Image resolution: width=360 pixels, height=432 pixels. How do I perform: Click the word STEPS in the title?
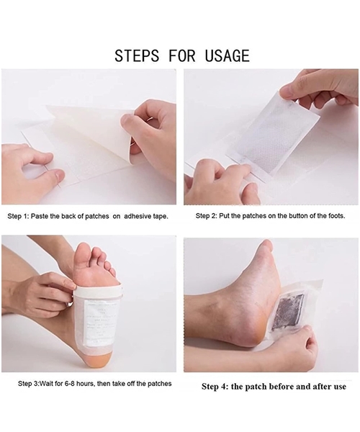138,55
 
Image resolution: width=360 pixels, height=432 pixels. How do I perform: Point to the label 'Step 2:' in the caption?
210,215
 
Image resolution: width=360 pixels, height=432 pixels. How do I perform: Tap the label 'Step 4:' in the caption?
217,387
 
